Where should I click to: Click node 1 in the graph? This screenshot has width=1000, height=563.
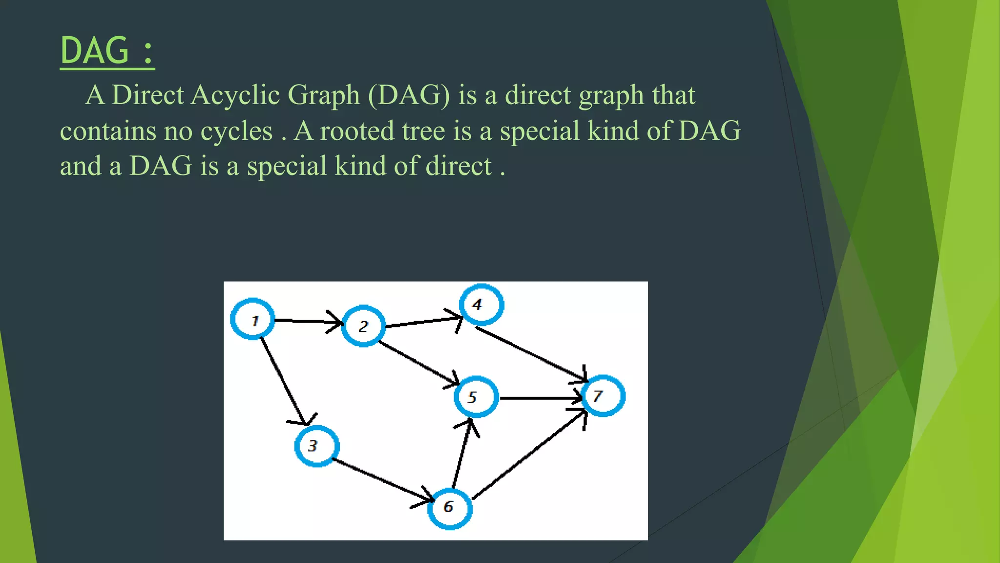pos(252,319)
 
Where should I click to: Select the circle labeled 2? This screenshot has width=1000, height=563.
pos(363,326)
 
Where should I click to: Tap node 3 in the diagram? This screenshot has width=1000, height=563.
pos(317,446)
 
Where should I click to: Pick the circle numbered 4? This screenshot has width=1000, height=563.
pos(481,304)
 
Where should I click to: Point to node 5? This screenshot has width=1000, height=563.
pos(476,396)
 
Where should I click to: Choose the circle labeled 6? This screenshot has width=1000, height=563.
pos(450,508)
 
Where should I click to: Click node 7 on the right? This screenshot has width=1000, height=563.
pos(604,396)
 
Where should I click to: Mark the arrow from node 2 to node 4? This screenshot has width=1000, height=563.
pos(422,323)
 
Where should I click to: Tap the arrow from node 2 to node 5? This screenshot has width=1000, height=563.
pos(417,363)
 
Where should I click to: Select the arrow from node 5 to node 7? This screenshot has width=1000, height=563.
pos(540,398)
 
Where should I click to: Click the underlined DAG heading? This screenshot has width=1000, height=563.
pos(107,51)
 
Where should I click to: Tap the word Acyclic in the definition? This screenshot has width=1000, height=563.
pos(235,95)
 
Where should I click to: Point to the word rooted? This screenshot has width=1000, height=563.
pos(357,131)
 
